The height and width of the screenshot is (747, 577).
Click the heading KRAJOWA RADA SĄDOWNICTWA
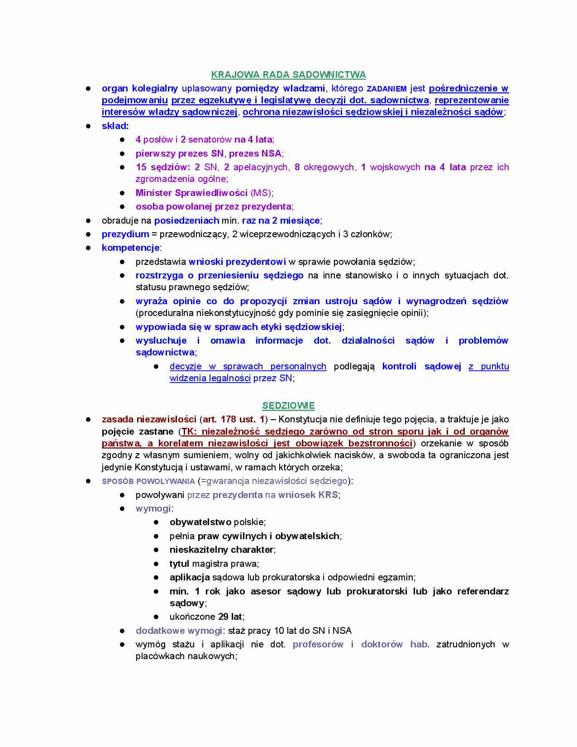point(288,75)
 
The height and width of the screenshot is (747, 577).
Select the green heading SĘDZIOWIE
point(288,406)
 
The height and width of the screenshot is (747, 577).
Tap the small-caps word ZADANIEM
point(386,89)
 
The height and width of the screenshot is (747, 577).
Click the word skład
point(114,126)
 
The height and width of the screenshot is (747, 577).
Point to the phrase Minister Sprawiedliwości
point(191,193)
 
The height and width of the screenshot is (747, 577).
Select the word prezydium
point(125,234)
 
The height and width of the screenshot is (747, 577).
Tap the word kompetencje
point(130,248)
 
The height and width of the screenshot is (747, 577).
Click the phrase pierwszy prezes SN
point(180,153)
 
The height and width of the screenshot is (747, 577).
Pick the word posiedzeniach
point(186,220)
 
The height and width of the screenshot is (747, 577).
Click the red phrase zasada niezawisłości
point(149,419)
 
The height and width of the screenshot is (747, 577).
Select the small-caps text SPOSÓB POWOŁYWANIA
point(148,481)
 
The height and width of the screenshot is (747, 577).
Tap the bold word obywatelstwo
point(200,522)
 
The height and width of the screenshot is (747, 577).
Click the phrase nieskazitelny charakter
point(221,550)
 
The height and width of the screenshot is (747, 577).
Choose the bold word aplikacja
point(190,577)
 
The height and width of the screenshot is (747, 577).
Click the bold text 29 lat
point(230,617)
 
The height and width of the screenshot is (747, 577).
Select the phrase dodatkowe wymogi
point(179,631)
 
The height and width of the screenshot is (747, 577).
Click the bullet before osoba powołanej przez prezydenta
point(122,206)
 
